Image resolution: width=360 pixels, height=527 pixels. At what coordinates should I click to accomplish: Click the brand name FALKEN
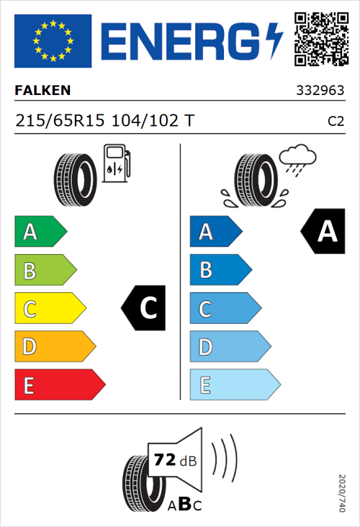pos(42,91)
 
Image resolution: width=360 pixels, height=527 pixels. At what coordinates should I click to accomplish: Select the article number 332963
pos(320,91)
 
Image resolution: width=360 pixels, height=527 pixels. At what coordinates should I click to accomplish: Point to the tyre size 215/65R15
pos(60,121)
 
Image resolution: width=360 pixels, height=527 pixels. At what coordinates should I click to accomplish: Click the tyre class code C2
pos(336,122)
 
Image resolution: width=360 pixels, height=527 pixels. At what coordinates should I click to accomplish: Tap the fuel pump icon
pos(115,163)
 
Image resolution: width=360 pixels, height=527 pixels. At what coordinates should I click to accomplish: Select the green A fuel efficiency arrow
pos(40,232)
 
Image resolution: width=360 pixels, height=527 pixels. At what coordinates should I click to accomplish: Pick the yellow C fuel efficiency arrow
pos(49,309)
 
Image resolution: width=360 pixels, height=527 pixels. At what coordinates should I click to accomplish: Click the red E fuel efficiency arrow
pos(59,385)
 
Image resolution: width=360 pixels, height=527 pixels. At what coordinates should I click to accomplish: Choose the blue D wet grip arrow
pos(229,348)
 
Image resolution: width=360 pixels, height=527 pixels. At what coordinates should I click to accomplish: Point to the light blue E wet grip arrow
pos(234,386)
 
